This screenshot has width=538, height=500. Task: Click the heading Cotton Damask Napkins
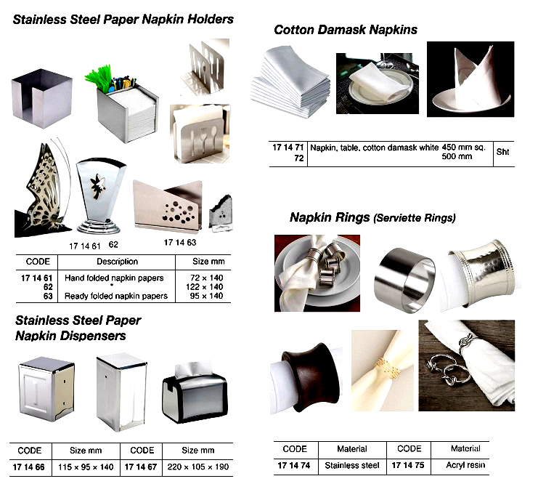pyautogui.click(x=346, y=30)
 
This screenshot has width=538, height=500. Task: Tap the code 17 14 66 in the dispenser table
pyautogui.click(x=30, y=467)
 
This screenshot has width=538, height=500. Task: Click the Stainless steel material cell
pyautogui.click(x=352, y=465)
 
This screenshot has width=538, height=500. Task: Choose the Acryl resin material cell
pyautogui.click(x=465, y=465)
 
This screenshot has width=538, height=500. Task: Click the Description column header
pyautogui.click(x=117, y=262)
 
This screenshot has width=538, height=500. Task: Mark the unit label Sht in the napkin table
pyautogui.click(x=502, y=153)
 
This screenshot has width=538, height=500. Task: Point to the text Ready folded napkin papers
pyautogui.click(x=116, y=296)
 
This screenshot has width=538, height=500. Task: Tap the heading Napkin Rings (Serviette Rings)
pyautogui.click(x=372, y=217)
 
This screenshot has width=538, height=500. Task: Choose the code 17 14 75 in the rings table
pyautogui.click(x=409, y=465)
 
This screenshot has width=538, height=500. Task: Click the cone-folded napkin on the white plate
pyautogui.click(x=470, y=80)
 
